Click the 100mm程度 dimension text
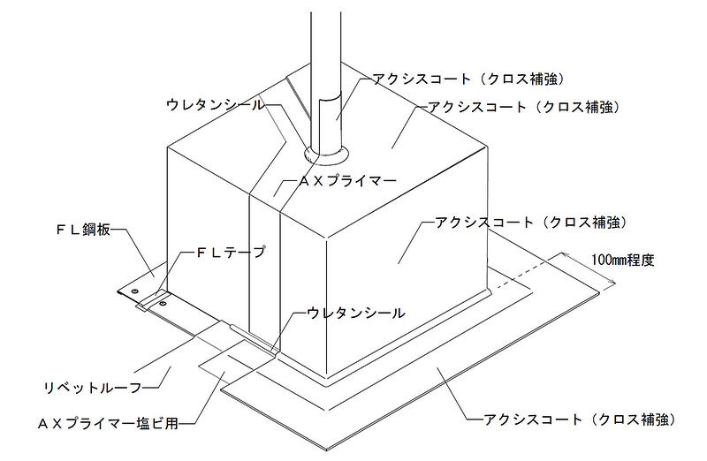(x=622, y=261)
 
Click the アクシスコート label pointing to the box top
(x=528, y=106)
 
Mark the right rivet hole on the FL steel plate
(x=161, y=304)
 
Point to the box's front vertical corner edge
(x=324, y=300)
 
